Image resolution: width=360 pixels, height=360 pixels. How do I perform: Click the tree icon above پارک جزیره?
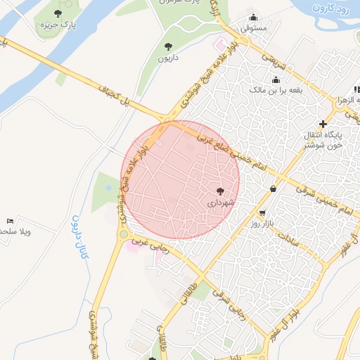click(x=58, y=13)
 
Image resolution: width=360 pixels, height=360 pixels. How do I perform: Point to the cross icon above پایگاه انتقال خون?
click(x=323, y=123)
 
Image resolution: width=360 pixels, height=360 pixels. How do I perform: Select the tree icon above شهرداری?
click(x=220, y=191)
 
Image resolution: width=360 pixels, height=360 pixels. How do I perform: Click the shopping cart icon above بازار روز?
click(x=262, y=213)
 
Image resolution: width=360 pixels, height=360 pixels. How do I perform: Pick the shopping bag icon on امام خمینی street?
click(x=273, y=188)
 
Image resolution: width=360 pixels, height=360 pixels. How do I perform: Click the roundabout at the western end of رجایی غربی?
click(x=124, y=235)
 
